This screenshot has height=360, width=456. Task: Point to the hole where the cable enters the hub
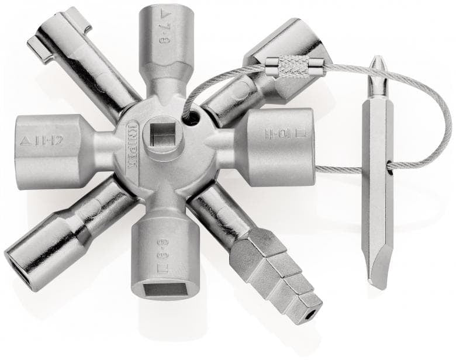192,118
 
